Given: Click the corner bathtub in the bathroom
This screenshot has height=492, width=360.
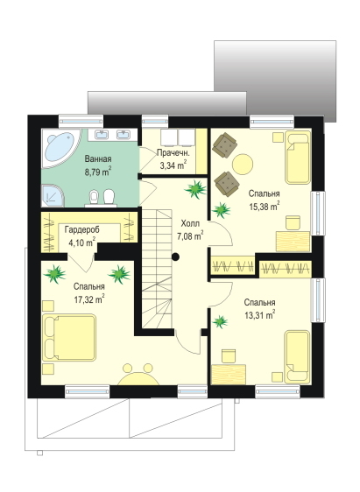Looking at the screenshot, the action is pyautogui.click(x=60, y=147).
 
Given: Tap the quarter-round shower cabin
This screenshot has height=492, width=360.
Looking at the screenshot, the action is pyautogui.click(x=52, y=196).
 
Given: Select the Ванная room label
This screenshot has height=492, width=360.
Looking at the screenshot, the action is pyautogui.click(x=98, y=158).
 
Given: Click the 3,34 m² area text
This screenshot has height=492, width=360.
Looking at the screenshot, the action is pyautogui.click(x=173, y=165).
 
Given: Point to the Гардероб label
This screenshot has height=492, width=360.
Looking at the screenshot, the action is pyautogui.click(x=82, y=230).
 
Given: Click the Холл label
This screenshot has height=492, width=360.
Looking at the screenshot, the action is pyautogui.click(x=190, y=224).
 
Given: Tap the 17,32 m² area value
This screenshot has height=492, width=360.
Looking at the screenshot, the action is pyautogui.click(x=89, y=299).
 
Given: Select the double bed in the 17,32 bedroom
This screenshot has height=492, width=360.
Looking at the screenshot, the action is pyautogui.click(x=69, y=337).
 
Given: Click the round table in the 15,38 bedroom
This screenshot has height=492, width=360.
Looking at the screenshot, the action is pyautogui.click(x=243, y=164).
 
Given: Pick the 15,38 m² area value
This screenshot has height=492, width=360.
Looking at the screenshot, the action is pyautogui.click(x=265, y=206).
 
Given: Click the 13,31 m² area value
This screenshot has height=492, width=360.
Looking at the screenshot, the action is pyautogui.click(x=260, y=315).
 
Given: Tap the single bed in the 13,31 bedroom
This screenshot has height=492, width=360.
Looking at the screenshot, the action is pyautogui.click(x=297, y=357).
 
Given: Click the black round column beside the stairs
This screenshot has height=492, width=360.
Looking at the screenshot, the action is pyautogui.click(x=175, y=257).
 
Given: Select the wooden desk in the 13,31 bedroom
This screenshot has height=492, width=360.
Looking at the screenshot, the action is pyautogui.click(x=229, y=375).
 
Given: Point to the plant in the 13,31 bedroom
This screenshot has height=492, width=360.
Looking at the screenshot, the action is pyautogui.click(x=221, y=322).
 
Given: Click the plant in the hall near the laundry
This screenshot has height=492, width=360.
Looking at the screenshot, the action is pyautogui.click(x=195, y=189).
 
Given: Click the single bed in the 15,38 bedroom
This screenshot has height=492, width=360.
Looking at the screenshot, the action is pyautogui.click(x=298, y=158).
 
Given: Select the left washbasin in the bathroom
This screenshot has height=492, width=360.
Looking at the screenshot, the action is pyautogui.click(x=102, y=135).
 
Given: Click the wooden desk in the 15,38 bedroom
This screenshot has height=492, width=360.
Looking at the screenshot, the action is pyautogui.click(x=293, y=242).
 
